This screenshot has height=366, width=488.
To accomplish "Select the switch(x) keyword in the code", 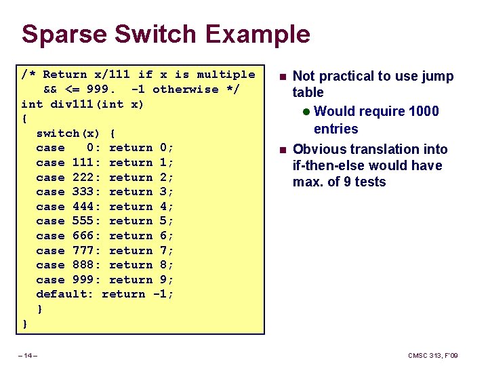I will tap(68, 134).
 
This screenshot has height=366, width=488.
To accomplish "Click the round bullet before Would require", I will tap(306, 111).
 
